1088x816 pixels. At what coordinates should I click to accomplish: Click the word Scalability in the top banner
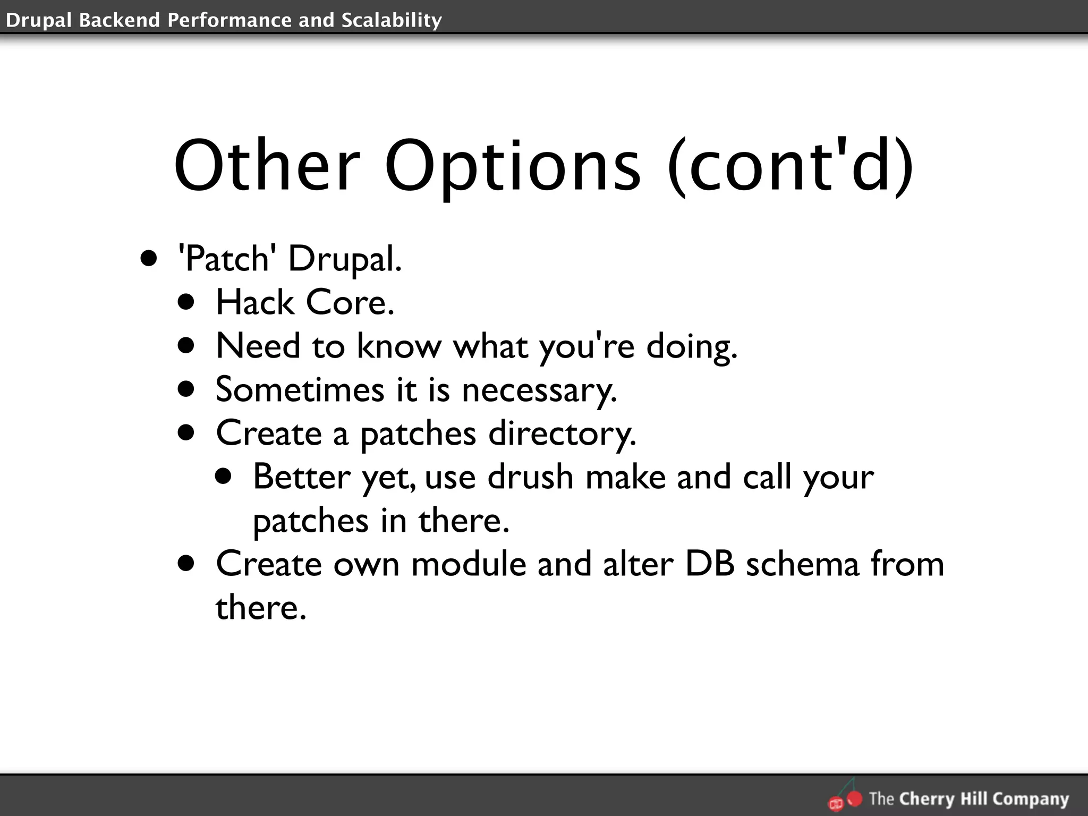point(392,20)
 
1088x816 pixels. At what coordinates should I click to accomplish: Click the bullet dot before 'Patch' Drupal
point(149,259)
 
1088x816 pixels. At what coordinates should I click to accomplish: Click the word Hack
point(254,302)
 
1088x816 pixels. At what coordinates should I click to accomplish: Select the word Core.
point(350,302)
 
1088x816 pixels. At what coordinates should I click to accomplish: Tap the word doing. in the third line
point(692,346)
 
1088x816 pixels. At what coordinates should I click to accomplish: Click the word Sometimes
point(300,389)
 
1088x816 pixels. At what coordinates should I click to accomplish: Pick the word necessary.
point(539,390)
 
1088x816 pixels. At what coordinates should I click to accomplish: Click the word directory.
point(562,433)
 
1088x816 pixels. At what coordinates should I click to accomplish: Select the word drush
point(530,477)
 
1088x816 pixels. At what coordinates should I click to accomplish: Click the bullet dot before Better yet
point(224,476)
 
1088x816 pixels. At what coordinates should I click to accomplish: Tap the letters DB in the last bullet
point(710,564)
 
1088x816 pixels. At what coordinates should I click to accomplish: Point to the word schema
point(802,564)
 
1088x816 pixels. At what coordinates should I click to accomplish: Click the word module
point(468,564)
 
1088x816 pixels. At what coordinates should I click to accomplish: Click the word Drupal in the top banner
point(39,20)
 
